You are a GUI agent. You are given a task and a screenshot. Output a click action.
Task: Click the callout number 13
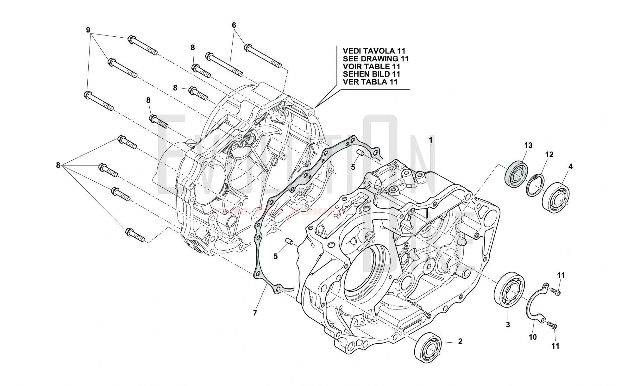tap(528, 146)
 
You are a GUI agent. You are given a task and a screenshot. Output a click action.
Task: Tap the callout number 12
tap(549, 155)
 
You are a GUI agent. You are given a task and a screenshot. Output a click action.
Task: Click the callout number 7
tap(255, 313)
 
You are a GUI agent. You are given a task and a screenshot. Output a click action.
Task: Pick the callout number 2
tap(460, 341)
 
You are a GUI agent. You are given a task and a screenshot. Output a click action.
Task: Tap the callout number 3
tap(508, 324)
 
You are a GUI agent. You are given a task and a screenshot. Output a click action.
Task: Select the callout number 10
tap(533, 337)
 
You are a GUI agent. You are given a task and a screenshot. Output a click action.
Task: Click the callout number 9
tap(88, 30)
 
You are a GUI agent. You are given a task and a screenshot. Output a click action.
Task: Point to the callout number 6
tap(234, 25)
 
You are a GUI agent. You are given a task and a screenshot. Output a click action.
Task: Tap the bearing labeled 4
tap(556, 195)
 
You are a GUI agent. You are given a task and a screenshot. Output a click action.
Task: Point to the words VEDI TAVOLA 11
tap(370, 51)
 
